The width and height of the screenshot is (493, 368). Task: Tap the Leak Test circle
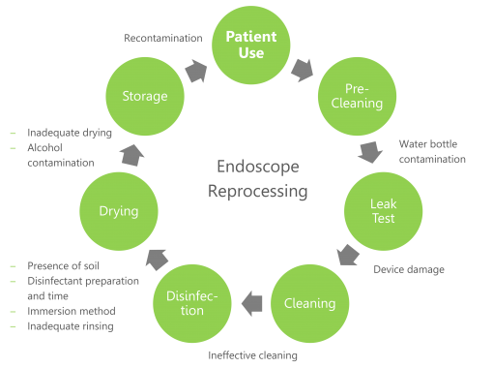pyautogui.click(x=383, y=212)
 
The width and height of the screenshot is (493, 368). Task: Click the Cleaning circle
pyautogui.click(x=309, y=303)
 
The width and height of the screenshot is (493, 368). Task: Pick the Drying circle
pyautogui.click(x=118, y=211)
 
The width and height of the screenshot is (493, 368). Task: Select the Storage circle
pyautogui.click(x=145, y=95)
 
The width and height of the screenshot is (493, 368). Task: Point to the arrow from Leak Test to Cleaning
pyautogui.click(x=349, y=257)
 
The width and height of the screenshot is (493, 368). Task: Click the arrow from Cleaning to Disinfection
pyautogui.click(x=251, y=303)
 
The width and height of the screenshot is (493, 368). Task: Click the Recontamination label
pyautogui.click(x=162, y=38)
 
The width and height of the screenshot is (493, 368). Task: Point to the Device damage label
pyautogui.click(x=409, y=268)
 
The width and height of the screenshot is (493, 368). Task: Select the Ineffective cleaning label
pyautogui.click(x=252, y=354)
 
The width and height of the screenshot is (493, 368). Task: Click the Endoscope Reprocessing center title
pyautogui.click(x=258, y=178)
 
